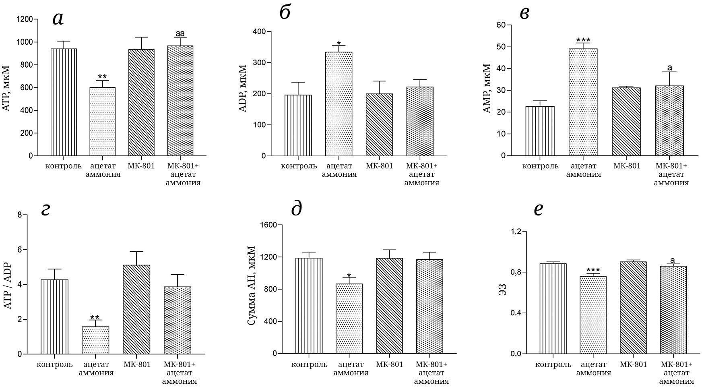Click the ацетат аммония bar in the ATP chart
point(102,121)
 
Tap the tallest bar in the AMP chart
point(583,102)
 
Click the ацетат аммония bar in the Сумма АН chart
point(349,319)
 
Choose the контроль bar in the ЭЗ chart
point(553,308)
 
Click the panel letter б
point(285,13)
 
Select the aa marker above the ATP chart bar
point(180,34)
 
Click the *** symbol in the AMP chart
point(583,40)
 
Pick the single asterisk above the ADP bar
point(339,43)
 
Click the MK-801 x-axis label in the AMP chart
point(627,166)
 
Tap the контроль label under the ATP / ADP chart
point(55,365)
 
